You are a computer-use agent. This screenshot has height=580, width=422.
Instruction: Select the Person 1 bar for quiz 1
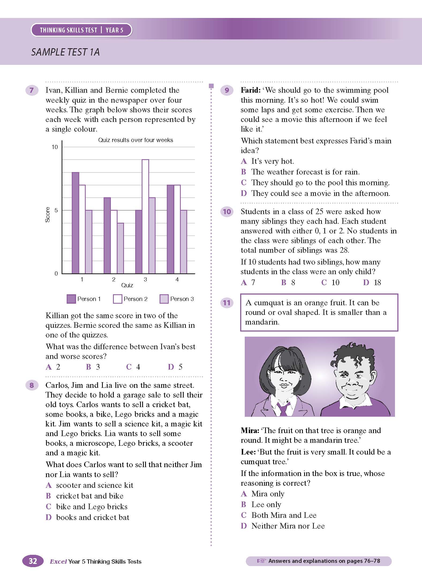(75, 223)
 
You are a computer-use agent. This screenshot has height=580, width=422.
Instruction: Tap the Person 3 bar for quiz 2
(120, 248)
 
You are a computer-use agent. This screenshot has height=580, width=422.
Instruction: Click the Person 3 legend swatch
(164, 299)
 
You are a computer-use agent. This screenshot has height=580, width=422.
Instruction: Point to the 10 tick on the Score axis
(55, 147)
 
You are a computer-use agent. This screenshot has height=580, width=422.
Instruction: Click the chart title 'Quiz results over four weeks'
(135, 140)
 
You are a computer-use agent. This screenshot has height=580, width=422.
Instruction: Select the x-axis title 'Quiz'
(127, 285)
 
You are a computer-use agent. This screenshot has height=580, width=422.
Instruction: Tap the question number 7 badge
(32, 90)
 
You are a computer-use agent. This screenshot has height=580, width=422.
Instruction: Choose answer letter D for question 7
(171, 367)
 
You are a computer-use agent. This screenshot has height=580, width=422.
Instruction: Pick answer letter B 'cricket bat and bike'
(48, 496)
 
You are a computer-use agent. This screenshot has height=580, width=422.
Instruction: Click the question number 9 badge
(227, 90)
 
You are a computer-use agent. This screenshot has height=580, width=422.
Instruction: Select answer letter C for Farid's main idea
(244, 183)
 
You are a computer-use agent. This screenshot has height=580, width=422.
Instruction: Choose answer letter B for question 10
(284, 282)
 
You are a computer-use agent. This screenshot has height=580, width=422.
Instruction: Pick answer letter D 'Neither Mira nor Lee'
(244, 526)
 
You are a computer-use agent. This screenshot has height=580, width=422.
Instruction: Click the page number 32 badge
(33, 561)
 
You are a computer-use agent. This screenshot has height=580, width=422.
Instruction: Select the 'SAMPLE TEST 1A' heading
(65, 52)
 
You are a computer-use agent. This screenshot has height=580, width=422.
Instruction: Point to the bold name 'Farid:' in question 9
(251, 90)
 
